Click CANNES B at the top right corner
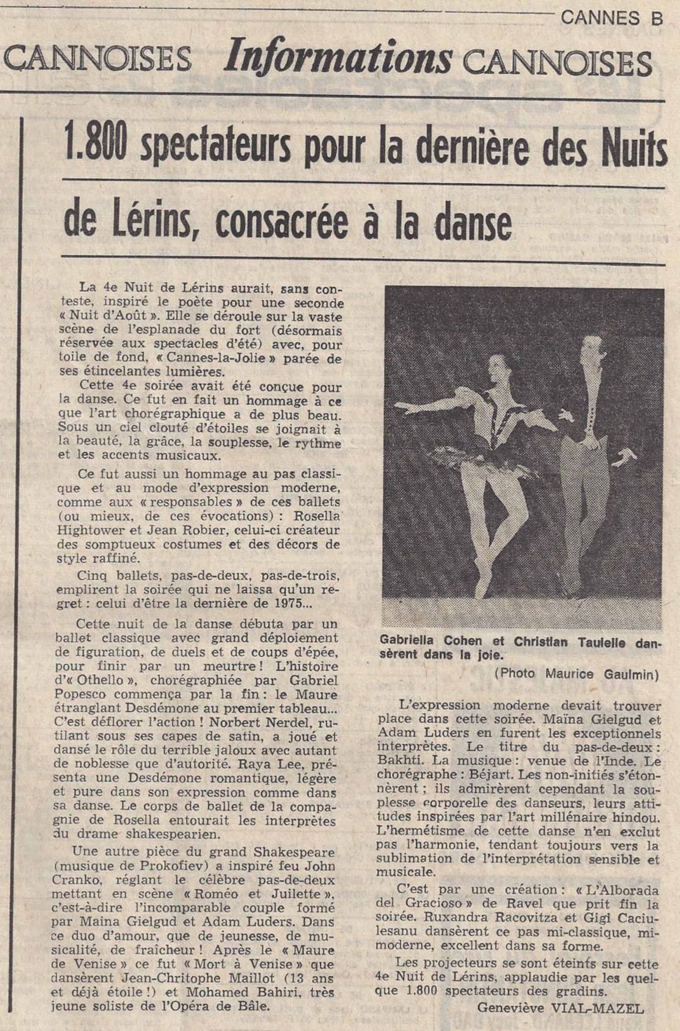point(612,18)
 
